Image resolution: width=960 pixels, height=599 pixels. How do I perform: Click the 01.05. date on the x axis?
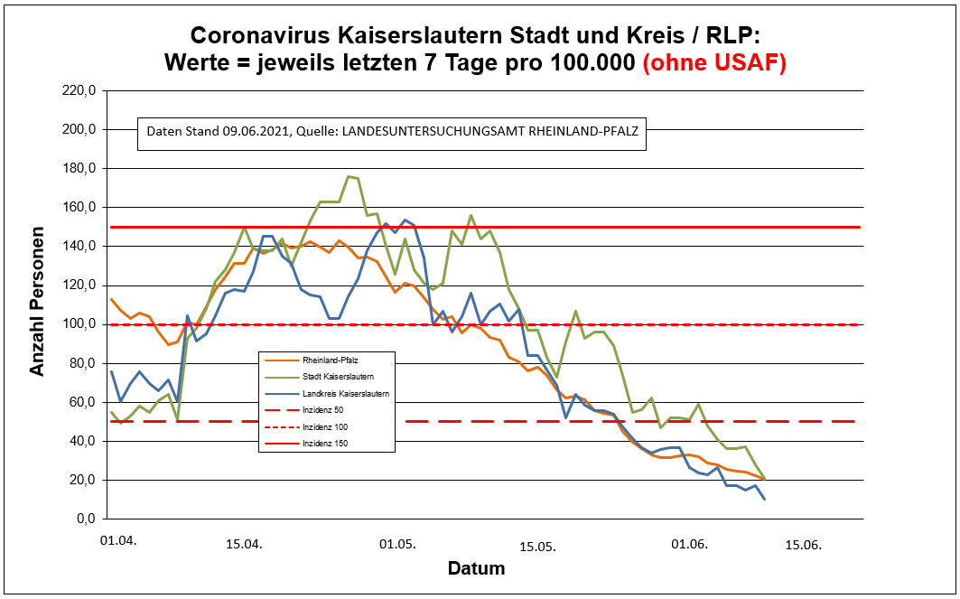click(x=396, y=544)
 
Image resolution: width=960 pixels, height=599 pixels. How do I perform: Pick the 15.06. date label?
click(x=803, y=544)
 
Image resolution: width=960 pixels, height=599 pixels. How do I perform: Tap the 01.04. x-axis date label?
click(x=118, y=541)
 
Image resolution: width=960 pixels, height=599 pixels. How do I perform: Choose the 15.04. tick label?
click(x=244, y=544)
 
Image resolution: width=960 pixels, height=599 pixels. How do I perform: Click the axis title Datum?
click(x=476, y=569)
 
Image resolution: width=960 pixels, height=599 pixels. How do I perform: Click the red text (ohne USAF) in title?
click(x=713, y=63)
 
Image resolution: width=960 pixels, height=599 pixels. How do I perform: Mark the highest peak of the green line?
click(x=349, y=176)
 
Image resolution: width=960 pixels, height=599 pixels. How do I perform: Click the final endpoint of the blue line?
click(x=765, y=499)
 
